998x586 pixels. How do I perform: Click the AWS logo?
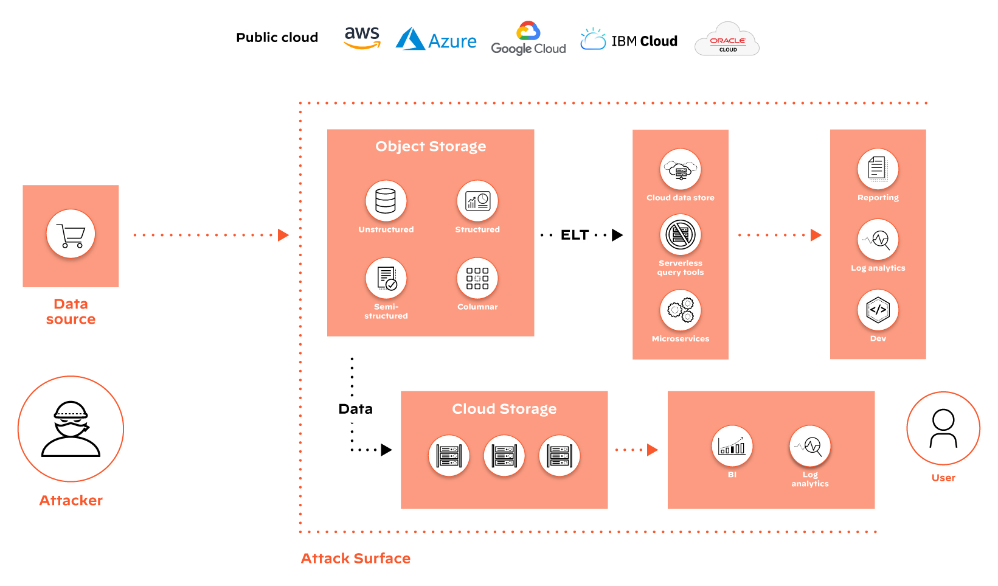[362, 38]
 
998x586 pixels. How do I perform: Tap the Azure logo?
[436, 40]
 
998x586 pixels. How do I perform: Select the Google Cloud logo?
[528, 39]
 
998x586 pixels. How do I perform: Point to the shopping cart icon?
[71, 234]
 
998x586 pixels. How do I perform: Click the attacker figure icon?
[71, 429]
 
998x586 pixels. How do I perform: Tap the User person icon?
[943, 428]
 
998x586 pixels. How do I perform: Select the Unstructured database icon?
[386, 201]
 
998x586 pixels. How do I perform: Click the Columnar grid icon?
[477, 278]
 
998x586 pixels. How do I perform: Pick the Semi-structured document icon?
[386, 278]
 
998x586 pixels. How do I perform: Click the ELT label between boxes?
[574, 235]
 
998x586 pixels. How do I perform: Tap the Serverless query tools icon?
[680, 234]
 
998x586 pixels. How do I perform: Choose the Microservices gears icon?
[680, 310]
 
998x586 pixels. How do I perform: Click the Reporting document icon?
[877, 169]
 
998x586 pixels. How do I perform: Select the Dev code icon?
[877, 310]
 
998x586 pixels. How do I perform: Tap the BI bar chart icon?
[732, 446]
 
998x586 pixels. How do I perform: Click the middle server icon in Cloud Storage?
[504, 455]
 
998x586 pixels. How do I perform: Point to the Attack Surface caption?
[355, 558]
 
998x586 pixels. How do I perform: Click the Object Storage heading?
[430, 146]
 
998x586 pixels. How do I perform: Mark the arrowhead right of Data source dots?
[283, 235]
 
